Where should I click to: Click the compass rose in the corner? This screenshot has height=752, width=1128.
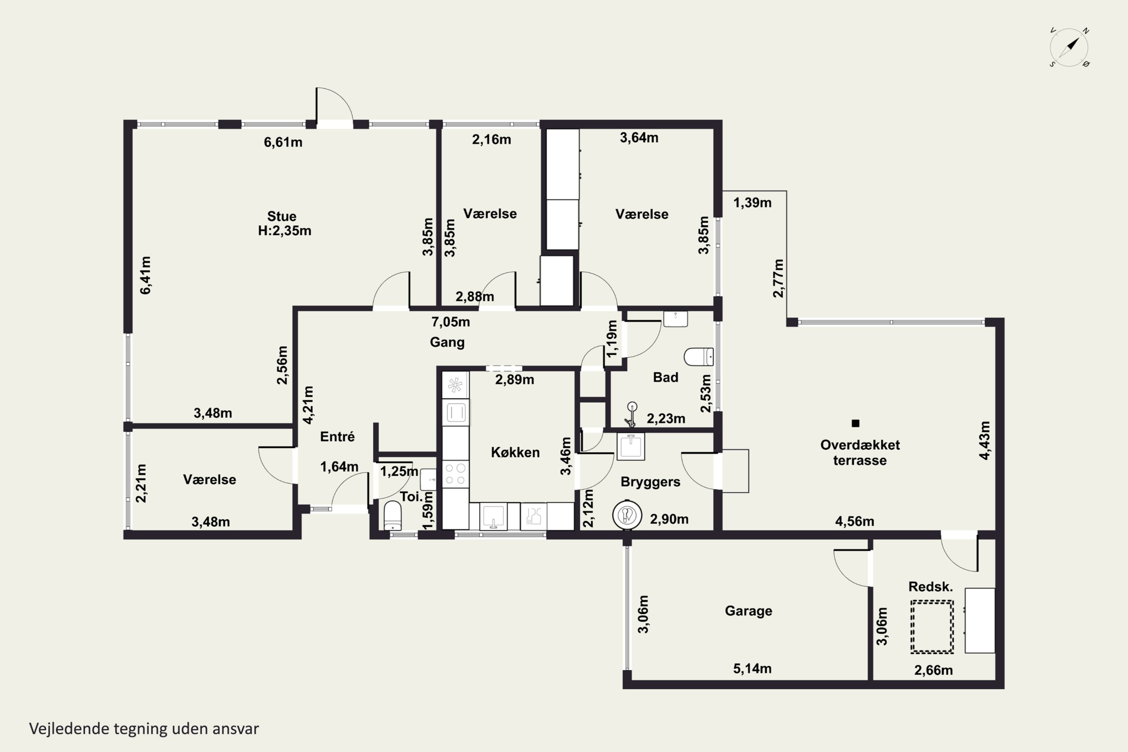tap(1069, 47)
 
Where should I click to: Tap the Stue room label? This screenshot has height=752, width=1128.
tap(282, 216)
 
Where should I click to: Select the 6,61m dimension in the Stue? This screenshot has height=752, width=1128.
tap(283, 142)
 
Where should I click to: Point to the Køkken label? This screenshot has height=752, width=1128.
tap(515, 452)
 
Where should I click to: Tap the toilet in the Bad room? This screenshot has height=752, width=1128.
tap(698, 357)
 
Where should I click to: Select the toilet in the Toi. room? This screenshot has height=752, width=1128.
tap(393, 515)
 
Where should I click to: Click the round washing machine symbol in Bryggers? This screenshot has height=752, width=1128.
tap(627, 515)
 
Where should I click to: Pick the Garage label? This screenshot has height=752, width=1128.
tap(748, 611)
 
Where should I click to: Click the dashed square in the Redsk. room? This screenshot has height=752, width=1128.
tap(932, 627)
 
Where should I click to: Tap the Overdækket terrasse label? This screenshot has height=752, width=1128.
tap(860, 452)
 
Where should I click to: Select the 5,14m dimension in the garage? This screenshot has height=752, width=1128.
tap(752, 669)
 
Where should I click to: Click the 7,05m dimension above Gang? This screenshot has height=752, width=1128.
tap(450, 322)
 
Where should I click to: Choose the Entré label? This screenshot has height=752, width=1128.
tap(337, 437)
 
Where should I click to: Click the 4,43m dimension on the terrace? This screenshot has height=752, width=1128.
tap(985, 440)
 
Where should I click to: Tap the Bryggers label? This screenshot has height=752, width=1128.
tap(650, 482)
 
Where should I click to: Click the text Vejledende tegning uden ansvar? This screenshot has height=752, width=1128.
tap(144, 729)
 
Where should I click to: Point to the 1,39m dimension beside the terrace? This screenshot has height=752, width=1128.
tap(752, 203)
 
